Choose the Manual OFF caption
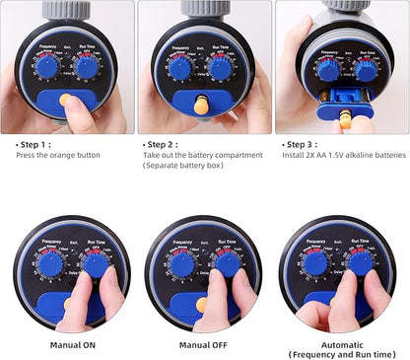(x=204, y=345)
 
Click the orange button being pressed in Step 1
(x=66, y=100)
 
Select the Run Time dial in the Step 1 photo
(x=87, y=67)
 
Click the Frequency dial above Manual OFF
(x=181, y=264)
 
